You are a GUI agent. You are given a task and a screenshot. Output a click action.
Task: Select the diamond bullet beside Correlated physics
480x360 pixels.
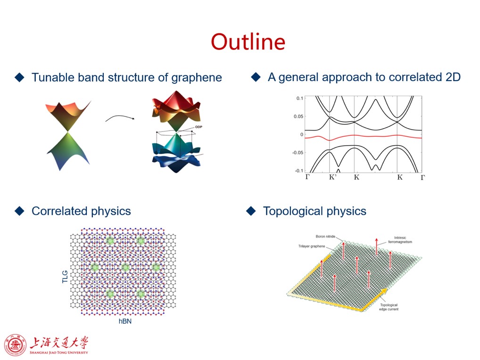pos(20,211)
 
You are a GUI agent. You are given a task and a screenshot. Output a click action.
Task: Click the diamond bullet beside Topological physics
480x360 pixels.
pos(251,211)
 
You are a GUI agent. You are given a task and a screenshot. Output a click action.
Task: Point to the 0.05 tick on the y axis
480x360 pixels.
pos(298,116)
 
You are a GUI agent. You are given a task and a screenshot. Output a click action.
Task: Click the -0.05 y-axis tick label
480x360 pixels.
pos(298,153)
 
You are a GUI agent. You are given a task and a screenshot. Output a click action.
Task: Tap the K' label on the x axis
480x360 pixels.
pos(333,177)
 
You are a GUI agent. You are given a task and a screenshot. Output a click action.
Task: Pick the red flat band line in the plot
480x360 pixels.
pos(364,137)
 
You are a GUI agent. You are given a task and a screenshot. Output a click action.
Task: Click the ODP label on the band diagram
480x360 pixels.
pos(199,127)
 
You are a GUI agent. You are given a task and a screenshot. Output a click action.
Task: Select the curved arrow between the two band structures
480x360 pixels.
pos(120,116)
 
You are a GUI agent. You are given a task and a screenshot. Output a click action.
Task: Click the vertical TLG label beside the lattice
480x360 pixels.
pos(65,277)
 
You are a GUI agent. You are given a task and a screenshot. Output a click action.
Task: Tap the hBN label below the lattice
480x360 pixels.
pos(125,321)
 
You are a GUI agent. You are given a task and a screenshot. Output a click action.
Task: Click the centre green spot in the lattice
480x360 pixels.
pos(125,267)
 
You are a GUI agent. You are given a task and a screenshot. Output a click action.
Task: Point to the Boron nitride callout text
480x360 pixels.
pos(325,237)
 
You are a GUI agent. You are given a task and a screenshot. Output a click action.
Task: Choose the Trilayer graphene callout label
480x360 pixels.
pos(312,246)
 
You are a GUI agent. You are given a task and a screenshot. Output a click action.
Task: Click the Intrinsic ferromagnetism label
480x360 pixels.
pos(400,240)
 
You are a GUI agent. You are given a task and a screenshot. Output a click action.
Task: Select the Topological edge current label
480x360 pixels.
pos(389,307)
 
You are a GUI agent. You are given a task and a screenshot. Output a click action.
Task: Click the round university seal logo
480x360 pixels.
pos(15,345)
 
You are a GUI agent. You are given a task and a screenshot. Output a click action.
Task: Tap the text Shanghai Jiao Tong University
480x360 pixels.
pos(59,352)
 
